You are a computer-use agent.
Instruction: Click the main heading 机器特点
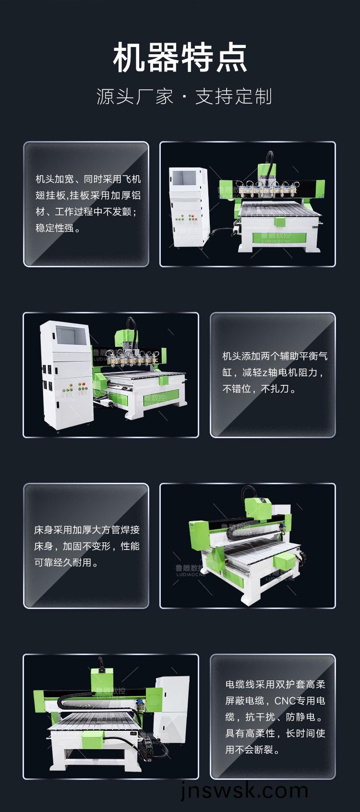pos(180,57)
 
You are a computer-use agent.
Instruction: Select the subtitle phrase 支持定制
pos(233,96)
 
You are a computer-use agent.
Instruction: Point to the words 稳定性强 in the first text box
pos(55,228)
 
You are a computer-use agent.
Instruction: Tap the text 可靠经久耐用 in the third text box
pos(63,562)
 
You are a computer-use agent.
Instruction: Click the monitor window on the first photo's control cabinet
pos(184,178)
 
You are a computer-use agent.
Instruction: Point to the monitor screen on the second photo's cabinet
pos(70,335)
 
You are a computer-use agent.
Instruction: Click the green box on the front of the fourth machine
pos(93,739)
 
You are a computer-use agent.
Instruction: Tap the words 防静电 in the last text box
pos(300,717)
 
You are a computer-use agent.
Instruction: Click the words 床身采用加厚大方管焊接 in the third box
pos(87,530)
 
